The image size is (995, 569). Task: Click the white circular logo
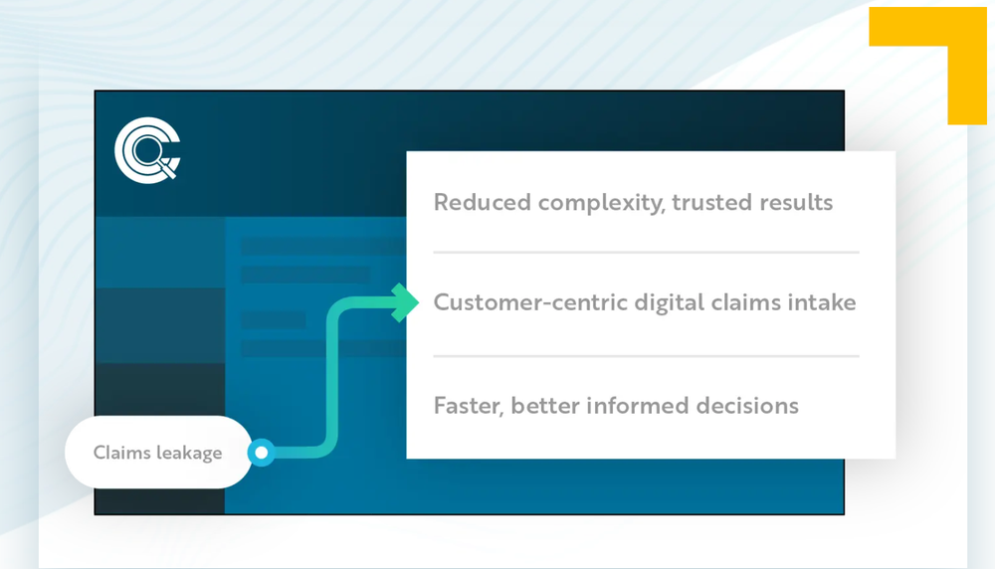coord(145,151)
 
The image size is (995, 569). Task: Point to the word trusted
coord(711,203)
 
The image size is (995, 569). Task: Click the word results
coord(795,203)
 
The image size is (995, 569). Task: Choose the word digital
coord(668,302)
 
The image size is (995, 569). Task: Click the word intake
coord(823,302)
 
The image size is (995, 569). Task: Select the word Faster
coord(466,406)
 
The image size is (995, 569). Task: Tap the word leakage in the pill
coord(189,453)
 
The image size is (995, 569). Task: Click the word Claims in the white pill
coord(121,453)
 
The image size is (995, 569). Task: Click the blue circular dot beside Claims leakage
coord(262,454)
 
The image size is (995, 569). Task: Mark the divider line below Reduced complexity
coord(647,253)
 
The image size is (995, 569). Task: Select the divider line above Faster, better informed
coord(647,355)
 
